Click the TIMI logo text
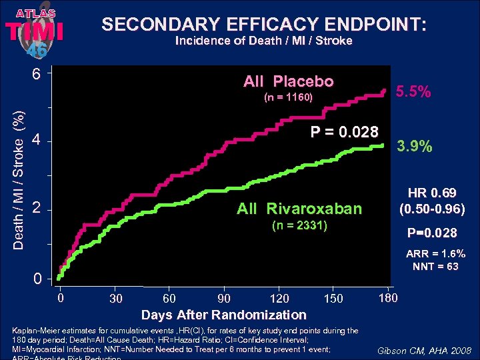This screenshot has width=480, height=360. click(34, 31)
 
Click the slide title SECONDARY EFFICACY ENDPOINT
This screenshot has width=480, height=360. click(263, 24)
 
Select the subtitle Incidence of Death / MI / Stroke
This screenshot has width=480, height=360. click(263, 41)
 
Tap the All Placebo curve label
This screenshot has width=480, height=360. click(288, 81)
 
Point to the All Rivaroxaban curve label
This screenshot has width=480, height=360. click(299, 209)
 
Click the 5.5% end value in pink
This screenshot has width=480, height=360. click(414, 93)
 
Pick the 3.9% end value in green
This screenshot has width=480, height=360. click(414, 145)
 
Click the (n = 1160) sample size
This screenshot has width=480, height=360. click(288, 98)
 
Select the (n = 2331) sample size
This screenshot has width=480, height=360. click(299, 225)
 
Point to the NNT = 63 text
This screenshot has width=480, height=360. click(433, 266)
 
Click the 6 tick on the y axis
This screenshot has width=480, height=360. click(37, 73)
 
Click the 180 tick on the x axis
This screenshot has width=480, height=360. click(387, 297)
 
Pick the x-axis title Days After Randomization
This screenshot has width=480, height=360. click(223, 315)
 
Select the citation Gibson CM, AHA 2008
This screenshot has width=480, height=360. click(424, 351)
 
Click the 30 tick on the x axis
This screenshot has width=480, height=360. click(116, 298)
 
